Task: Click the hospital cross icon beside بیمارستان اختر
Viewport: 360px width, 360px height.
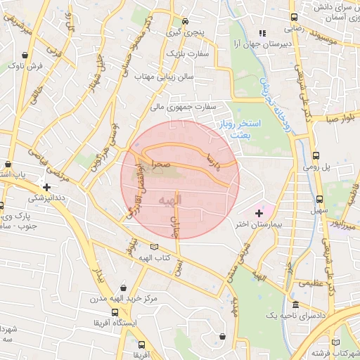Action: (259, 212)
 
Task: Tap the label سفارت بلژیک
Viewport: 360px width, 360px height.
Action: (187, 53)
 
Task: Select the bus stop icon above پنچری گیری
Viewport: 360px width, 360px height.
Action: (184, 21)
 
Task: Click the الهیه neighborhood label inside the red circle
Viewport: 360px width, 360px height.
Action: (170, 201)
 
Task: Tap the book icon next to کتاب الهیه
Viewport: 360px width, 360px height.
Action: (155, 247)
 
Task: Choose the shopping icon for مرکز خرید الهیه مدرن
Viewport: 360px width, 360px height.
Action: (124, 288)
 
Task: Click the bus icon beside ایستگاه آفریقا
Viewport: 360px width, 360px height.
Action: (115, 312)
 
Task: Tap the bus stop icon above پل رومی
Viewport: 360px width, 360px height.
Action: (315, 156)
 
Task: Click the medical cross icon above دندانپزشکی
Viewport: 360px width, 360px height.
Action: (46, 188)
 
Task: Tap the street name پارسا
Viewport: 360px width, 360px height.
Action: (211, 160)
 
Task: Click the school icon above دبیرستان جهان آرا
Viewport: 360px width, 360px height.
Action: (262, 32)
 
